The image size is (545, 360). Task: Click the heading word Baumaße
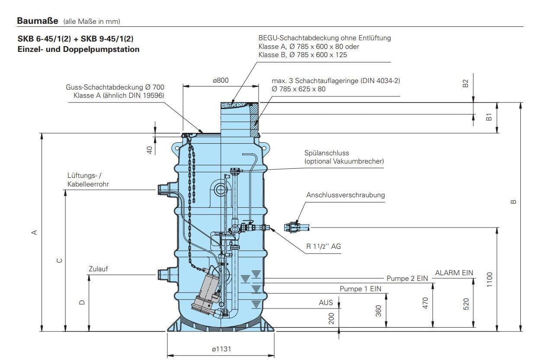pyautogui.click(x=38, y=20)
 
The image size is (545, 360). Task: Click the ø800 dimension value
pyautogui.click(x=221, y=80)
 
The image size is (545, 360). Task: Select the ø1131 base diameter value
pyautogui.click(x=221, y=349)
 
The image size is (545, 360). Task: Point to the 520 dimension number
pyautogui.click(x=466, y=304)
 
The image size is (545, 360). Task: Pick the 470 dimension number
pyautogui.click(x=425, y=304)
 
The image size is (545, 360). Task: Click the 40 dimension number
pyautogui.click(x=150, y=150)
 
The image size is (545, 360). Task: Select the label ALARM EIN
pyautogui.click(x=454, y=273)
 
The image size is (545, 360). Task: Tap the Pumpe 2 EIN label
pyautogui.click(x=407, y=279)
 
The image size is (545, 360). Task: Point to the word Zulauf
pyautogui.click(x=98, y=269)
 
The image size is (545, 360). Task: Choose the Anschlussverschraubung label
pyautogui.click(x=345, y=195)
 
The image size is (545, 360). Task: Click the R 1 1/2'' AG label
pyautogui.click(x=324, y=247)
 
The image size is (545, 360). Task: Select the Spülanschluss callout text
pyautogui.click(x=327, y=153)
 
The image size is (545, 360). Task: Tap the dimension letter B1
pyautogui.click(x=489, y=117)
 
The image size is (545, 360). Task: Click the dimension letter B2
pyautogui.click(x=466, y=84)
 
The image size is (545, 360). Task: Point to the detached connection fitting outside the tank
pyautogui.click(x=295, y=226)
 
